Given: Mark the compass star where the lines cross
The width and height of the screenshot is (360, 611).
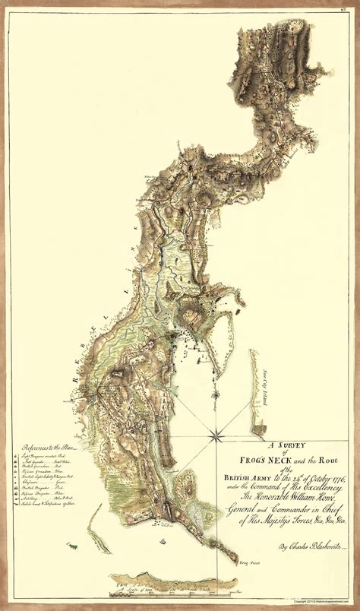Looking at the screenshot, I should click(x=216, y=435).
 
